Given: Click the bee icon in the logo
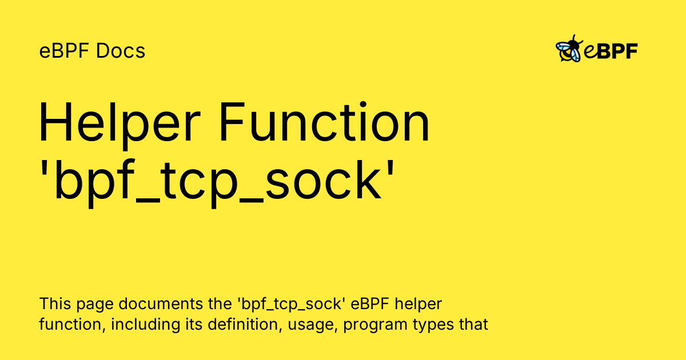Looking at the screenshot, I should click(569, 50).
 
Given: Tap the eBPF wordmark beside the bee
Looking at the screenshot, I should click(611, 51).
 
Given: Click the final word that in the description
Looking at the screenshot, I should click(473, 325).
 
